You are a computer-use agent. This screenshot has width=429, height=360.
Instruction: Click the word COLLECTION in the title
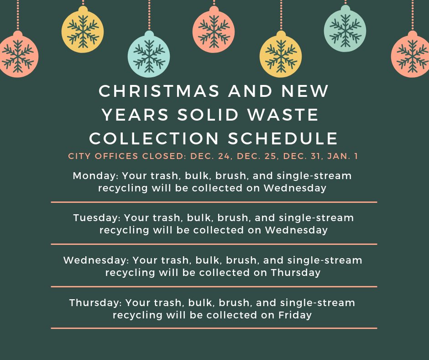click(x=154, y=138)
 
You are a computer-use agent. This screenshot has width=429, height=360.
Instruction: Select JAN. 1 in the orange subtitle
click(x=343, y=156)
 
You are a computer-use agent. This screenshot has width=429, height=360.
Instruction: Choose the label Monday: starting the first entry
click(x=91, y=176)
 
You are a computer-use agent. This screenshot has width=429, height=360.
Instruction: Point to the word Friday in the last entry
click(x=295, y=315)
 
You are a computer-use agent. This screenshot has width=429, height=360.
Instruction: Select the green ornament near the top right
click(x=345, y=30)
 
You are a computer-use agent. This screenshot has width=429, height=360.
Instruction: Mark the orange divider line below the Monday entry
click(x=214, y=201)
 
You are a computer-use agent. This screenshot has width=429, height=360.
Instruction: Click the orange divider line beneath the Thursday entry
click(x=214, y=328)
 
